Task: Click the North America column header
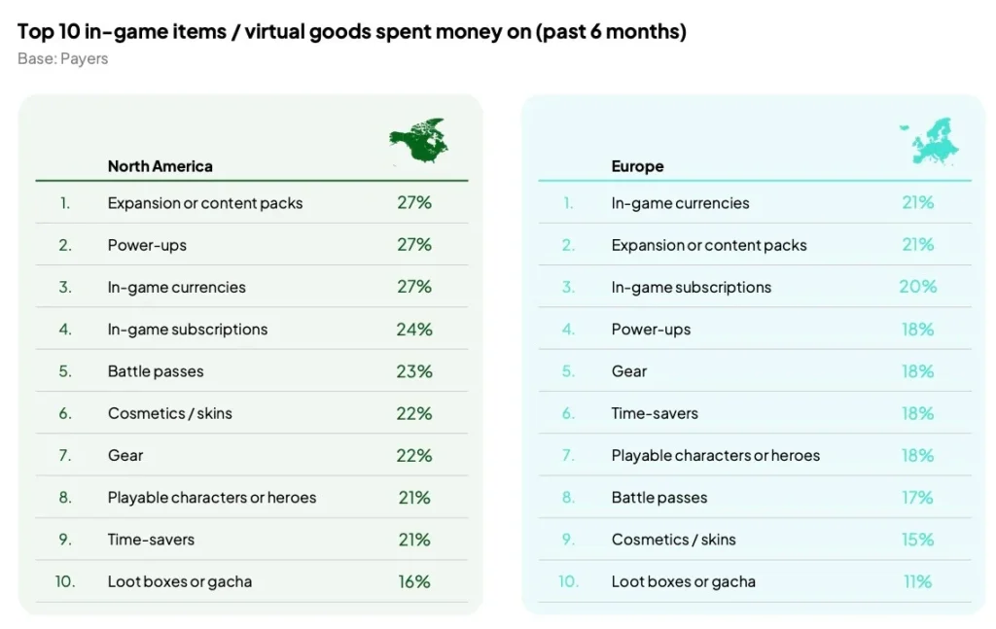coord(160,166)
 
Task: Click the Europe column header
coord(637,166)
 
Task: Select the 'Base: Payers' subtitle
coord(62,58)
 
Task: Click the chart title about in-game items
coord(351,31)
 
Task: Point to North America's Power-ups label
coord(147,245)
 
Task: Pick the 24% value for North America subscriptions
coord(414,329)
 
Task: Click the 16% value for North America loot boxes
coord(414,581)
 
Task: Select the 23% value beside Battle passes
coord(414,371)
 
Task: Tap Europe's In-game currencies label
coord(680,203)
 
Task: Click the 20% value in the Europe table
coord(918,287)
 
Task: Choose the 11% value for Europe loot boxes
coord(917,581)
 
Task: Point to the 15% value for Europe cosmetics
coord(917,540)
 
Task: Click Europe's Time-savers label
coord(655,413)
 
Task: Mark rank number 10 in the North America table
coord(65,581)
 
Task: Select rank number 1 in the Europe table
coord(569,203)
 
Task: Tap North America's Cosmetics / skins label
coord(170,413)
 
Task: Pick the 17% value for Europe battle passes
coord(917,498)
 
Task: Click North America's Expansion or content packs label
coord(205,203)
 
